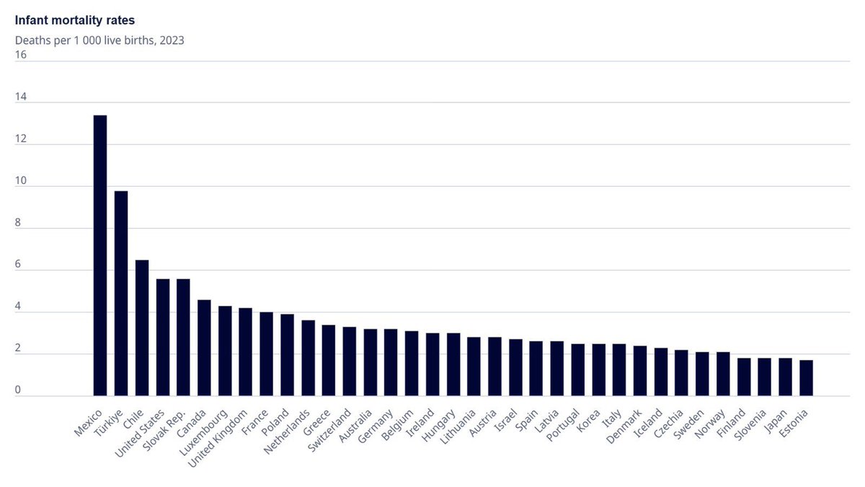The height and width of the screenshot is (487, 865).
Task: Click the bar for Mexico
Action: pyautogui.click(x=100, y=255)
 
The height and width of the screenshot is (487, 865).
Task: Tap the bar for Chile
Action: pyautogui.click(x=142, y=328)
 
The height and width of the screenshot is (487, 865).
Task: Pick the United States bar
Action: pyautogui.click(x=163, y=337)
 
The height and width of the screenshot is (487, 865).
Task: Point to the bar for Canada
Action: pyautogui.click(x=204, y=348)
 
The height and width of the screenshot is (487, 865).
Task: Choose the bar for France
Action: pyautogui.click(x=267, y=354)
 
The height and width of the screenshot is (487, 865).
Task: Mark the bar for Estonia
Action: pyautogui.click(x=807, y=378)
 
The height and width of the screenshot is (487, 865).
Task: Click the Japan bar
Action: pyautogui.click(x=786, y=377)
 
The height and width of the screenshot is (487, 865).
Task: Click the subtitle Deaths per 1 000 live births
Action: pyautogui.click(x=99, y=40)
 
